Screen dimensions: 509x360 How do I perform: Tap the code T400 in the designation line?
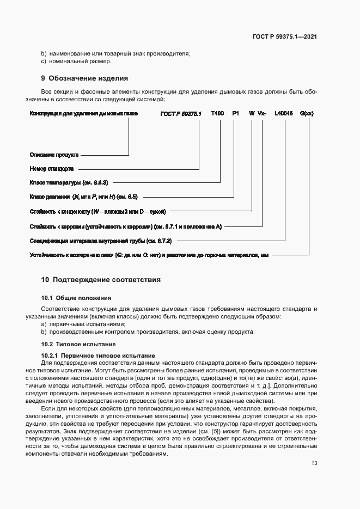pyautogui.click(x=217, y=114)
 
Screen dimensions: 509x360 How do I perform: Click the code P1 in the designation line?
pyautogui.click(x=235, y=114)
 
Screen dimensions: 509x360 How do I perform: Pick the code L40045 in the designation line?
pyautogui.click(x=284, y=114)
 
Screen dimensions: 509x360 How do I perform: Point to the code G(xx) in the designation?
pyautogui.click(x=307, y=114)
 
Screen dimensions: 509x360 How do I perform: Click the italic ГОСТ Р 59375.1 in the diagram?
pyautogui.click(x=181, y=114)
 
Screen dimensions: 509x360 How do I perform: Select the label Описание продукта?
pyautogui.click(x=54, y=155)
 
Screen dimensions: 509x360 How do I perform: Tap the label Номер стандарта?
pyautogui.click(x=52, y=169)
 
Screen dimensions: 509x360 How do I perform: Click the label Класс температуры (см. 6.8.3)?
pyautogui.click(x=68, y=182)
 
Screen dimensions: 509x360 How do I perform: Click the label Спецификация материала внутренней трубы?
pyautogui.click(x=101, y=240)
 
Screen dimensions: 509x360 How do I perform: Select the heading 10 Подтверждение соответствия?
pyautogui.click(x=101, y=280)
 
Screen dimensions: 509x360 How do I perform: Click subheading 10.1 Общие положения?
pyautogui.click(x=76, y=298)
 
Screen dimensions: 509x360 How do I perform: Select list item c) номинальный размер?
pyautogui.click(x=76, y=61)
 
